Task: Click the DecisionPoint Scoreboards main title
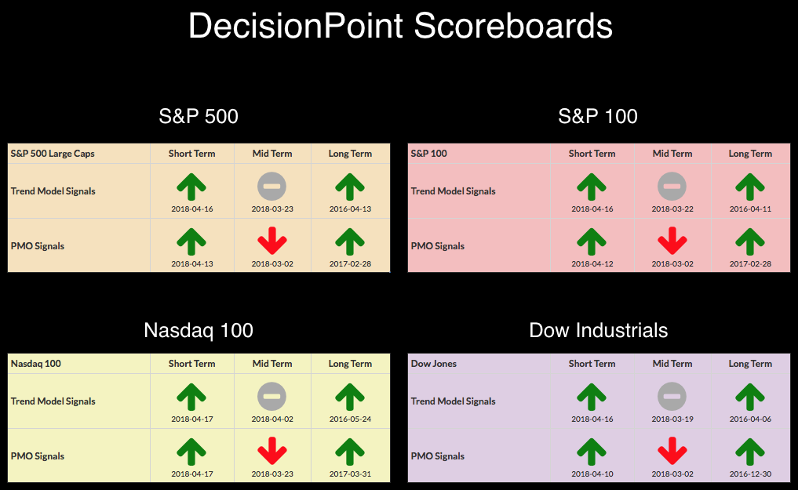coord(400,26)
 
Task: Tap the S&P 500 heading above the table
coord(199,116)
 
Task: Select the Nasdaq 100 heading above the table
coord(199,330)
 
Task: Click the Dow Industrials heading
coord(599,330)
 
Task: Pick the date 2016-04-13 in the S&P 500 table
coord(350,209)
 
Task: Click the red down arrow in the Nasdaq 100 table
coord(272,450)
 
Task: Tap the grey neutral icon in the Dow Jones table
coord(672,396)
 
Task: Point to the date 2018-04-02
coord(272,419)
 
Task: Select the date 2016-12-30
coord(750,474)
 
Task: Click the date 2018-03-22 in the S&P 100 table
coord(672,209)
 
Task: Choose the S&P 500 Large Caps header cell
coord(53,154)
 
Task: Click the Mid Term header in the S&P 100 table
coord(672,154)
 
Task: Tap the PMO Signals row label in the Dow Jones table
coord(438,456)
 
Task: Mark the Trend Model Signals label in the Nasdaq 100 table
coord(53,401)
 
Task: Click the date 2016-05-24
coord(350,419)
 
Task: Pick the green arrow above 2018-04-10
coord(592,452)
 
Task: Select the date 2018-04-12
coord(592,263)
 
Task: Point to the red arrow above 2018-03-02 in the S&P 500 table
coord(272,241)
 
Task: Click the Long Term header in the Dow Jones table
coord(750,364)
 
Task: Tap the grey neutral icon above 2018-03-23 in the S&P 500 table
coord(271,186)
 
